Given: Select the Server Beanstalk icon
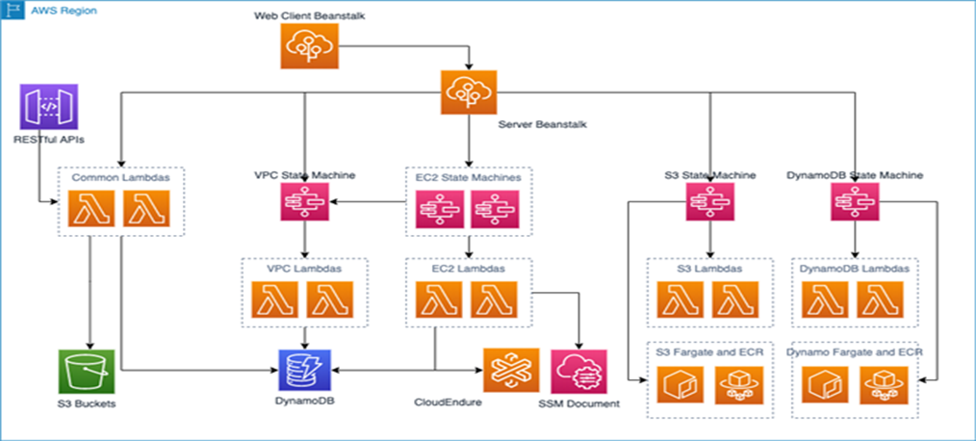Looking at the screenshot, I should tap(469, 94).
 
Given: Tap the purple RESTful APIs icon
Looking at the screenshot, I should tap(48, 106).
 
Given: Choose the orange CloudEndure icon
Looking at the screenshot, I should tap(511, 371).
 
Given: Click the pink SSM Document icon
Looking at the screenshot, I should tap(579, 371).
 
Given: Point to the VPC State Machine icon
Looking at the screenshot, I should tap(304, 202).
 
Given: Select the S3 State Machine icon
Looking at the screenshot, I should tap(710, 202).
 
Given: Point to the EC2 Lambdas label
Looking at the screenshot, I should tap(469, 269).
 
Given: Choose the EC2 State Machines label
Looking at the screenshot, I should tap(469, 178).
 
